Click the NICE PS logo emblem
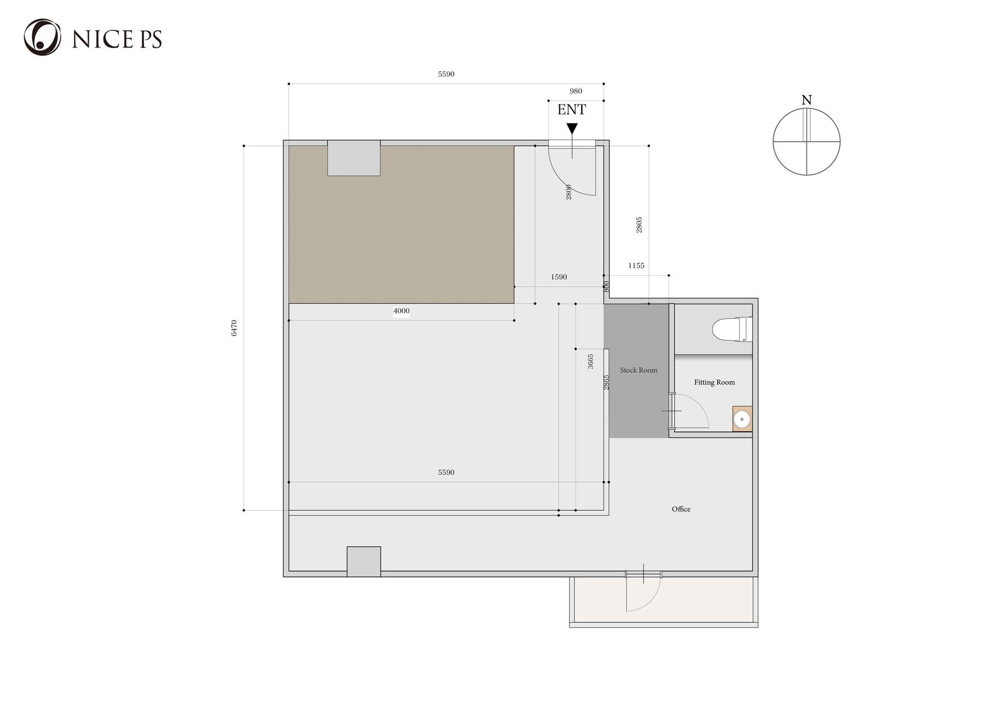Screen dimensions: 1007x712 tap(42, 37)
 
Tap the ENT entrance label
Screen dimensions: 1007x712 tap(572, 110)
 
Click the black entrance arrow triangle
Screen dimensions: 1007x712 tap(572, 129)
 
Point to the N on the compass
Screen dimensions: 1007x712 tap(806, 100)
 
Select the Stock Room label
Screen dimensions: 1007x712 tap(639, 370)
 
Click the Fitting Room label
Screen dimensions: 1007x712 tap(714, 383)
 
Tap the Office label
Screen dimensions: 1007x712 tap(681, 509)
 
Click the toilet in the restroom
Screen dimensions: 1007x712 tap(732, 329)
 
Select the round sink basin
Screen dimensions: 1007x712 tap(742, 419)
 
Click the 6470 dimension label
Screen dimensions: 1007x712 tap(234, 328)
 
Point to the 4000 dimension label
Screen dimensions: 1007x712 tap(401, 311)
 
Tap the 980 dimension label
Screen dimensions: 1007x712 tap(576, 91)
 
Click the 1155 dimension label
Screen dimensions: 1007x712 tap(636, 266)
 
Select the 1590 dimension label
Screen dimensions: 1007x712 tap(559, 277)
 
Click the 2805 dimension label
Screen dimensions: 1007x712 tap(639, 225)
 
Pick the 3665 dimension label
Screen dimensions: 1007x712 tap(591, 362)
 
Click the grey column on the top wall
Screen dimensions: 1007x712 tap(354, 158)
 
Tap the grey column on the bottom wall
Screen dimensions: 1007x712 tap(364, 562)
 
